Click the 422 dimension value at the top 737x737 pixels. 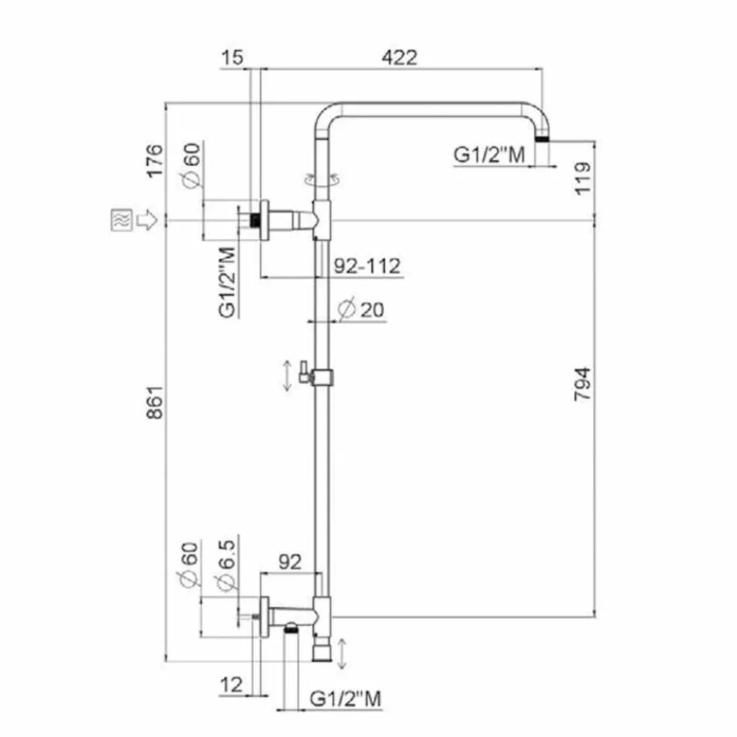tap(399, 57)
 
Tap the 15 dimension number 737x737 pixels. tap(232, 57)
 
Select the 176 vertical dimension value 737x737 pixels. tap(155, 161)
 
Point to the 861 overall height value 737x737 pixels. tap(155, 402)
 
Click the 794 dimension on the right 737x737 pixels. tap(582, 384)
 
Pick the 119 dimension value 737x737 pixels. tap(582, 178)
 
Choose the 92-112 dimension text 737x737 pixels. tap(367, 266)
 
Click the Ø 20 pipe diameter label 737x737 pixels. tap(361, 309)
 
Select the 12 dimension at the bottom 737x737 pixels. tap(232, 685)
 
